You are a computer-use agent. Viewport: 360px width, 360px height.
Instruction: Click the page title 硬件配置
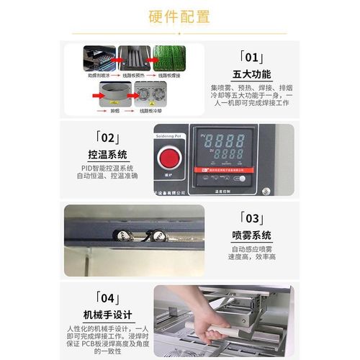(x=179, y=16)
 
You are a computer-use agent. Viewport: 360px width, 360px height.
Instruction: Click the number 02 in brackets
(x=106, y=137)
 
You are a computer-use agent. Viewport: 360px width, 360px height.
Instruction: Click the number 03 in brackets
(x=252, y=218)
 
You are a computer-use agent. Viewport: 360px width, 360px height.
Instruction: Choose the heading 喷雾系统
(x=252, y=235)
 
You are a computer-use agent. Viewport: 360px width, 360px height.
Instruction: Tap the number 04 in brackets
(x=106, y=297)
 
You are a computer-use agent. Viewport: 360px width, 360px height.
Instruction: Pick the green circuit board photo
(x=168, y=58)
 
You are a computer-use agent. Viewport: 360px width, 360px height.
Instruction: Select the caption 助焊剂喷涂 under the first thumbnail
(x=98, y=74)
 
